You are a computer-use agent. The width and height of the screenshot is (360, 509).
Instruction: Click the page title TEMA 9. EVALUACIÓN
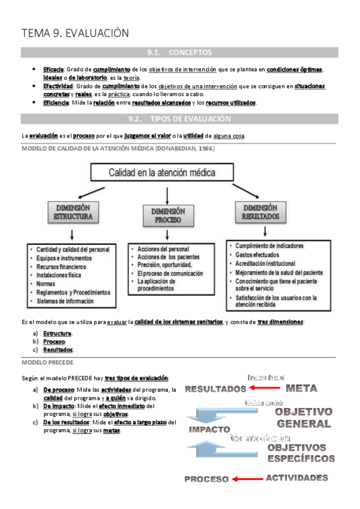coord(75,33)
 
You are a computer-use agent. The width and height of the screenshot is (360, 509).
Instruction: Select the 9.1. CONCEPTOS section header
coord(179,53)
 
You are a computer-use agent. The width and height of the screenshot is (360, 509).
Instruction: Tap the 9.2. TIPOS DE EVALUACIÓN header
coord(179,119)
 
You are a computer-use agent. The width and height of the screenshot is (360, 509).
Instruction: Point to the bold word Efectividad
coord(56,86)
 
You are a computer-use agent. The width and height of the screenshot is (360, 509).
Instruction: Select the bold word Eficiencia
coord(55,103)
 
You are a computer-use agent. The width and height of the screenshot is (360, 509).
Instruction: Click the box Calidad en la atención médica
coord(162,173)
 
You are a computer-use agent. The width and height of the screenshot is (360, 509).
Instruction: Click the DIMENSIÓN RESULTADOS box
coord(260,211)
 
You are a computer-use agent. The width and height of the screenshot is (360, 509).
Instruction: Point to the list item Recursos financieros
coord(61,266)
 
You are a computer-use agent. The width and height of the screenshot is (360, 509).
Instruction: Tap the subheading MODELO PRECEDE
coord(47,363)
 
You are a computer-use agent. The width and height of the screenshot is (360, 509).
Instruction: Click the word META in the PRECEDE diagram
coord(302,388)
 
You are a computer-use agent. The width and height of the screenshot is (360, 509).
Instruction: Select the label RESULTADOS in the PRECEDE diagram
coord(215,389)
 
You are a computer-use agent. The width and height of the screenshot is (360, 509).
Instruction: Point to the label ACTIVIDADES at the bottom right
coord(297,478)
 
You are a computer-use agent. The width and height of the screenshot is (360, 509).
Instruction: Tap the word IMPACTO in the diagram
coord(209,430)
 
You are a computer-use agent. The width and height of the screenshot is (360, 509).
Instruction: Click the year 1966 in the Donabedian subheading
coord(203,148)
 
